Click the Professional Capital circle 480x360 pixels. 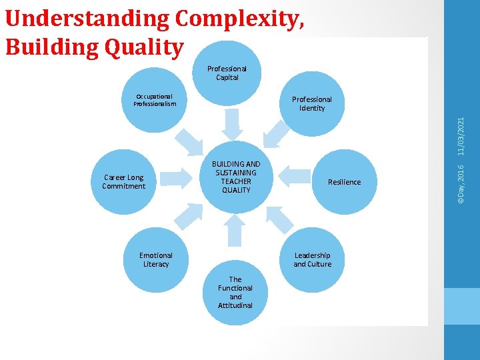tap(227, 73)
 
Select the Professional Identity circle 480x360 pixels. tap(311, 104)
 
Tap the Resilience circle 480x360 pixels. tap(344, 181)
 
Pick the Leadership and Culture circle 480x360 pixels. tap(312, 260)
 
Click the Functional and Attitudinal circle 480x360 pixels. tap(235, 293)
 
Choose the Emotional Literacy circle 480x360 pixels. tap(156, 259)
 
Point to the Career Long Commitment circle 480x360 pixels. tap(124, 181)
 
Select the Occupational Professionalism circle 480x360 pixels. tap(155, 101)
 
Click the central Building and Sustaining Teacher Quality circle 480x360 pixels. tap(236, 177)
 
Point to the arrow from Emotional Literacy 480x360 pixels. tap(189, 215)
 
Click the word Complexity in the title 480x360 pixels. tap(240, 19)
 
